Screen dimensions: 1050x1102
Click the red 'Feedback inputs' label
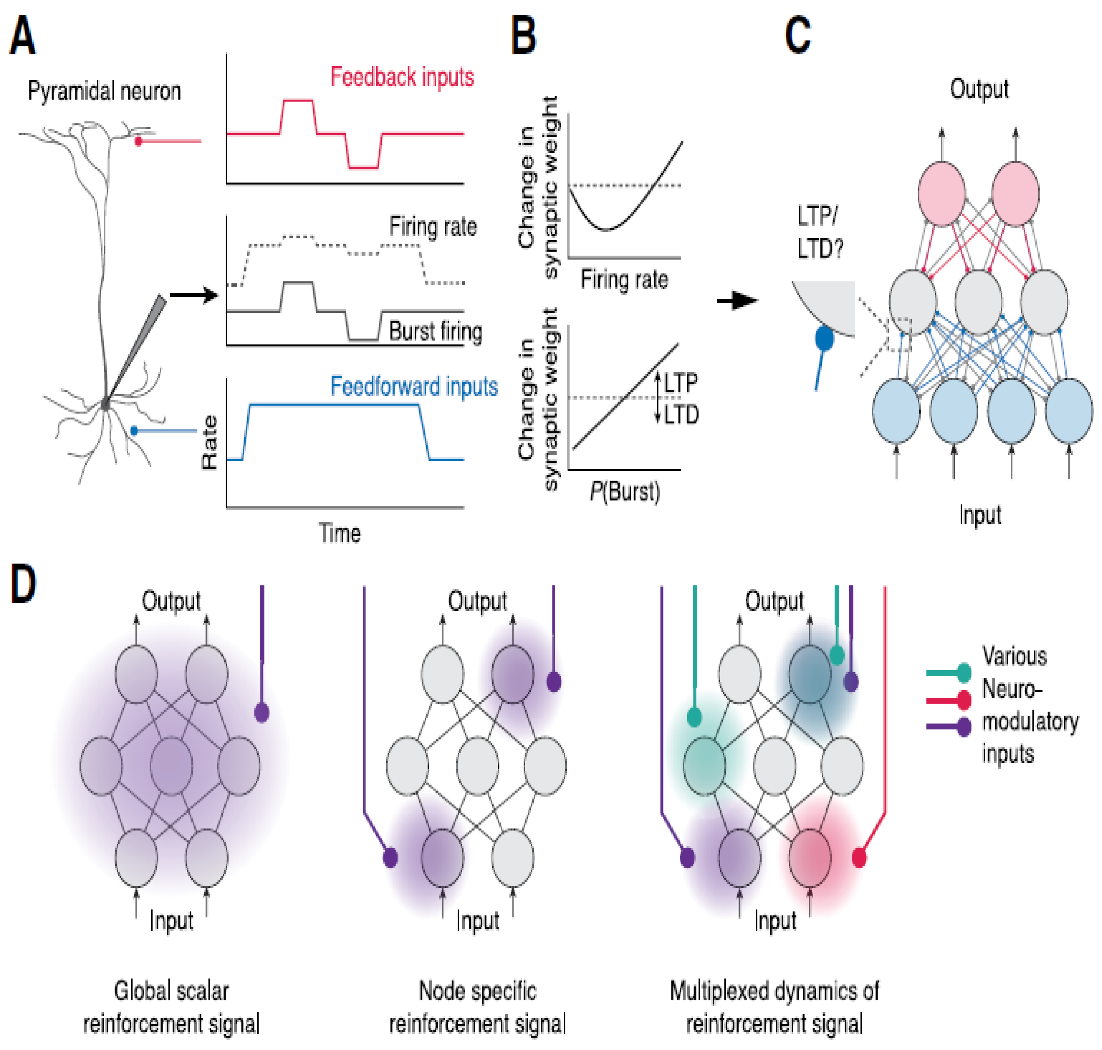pyautogui.click(x=401, y=77)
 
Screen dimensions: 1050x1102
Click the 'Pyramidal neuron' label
pyautogui.click(x=105, y=91)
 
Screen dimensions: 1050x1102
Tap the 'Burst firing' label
pyautogui.click(x=435, y=331)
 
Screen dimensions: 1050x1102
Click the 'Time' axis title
pyautogui.click(x=339, y=533)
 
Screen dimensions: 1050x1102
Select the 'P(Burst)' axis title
pyautogui.click(x=624, y=491)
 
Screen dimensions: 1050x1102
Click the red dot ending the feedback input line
pyautogui.click(x=138, y=142)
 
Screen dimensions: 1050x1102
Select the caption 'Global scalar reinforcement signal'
pyautogui.click(x=171, y=1008)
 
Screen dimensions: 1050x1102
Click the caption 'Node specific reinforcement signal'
pyautogui.click(x=477, y=1008)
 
